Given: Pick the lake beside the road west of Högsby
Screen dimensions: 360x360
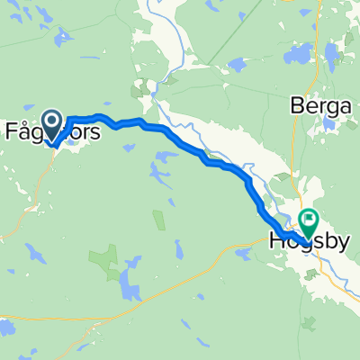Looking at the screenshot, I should click(243, 254).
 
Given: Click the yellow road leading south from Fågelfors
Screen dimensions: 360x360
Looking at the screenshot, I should click(38, 189).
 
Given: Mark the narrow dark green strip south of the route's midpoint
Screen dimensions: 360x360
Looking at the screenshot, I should click(159, 219).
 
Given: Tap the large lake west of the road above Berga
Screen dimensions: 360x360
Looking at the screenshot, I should click(297, 56).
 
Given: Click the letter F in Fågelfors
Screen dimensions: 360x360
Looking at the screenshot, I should click(13, 130).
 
